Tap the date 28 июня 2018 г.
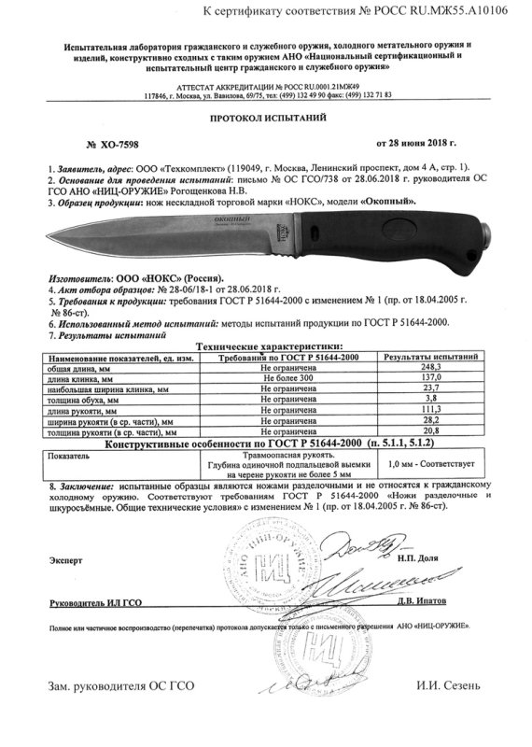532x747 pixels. [416, 147]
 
